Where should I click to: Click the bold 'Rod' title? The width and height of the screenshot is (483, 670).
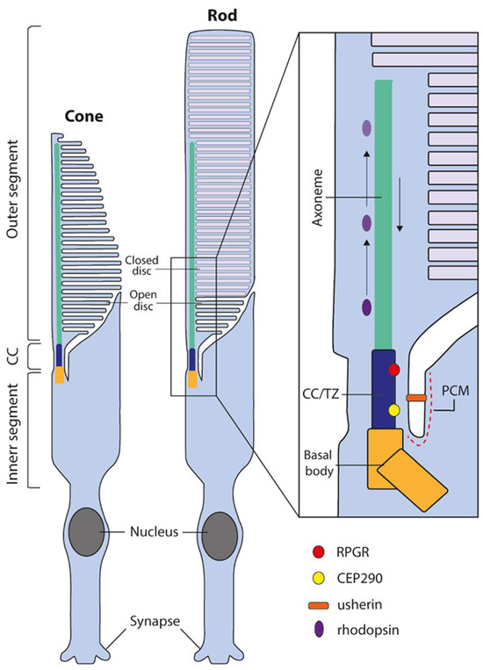click(x=217, y=15)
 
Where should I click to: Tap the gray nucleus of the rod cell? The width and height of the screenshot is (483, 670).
click(x=219, y=535)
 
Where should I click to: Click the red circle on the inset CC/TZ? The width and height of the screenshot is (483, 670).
click(x=394, y=371)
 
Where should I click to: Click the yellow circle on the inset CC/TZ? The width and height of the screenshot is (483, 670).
click(x=394, y=410)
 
